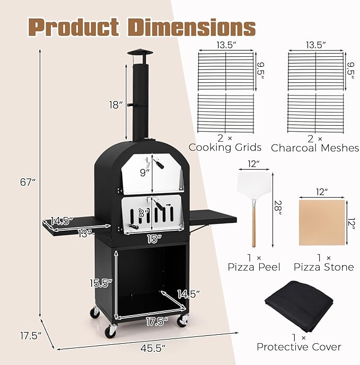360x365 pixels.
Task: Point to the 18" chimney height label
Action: point(116,105)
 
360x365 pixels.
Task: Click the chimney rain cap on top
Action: point(139,54)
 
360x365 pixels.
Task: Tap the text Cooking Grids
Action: point(225,147)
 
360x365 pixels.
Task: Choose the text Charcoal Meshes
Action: point(315,147)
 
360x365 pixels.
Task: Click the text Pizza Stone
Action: point(324,267)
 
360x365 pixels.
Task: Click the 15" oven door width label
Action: point(154,239)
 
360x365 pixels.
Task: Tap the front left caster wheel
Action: point(110,332)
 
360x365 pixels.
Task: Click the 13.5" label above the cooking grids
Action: point(225,46)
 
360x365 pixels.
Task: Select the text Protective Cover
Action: point(299,347)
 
